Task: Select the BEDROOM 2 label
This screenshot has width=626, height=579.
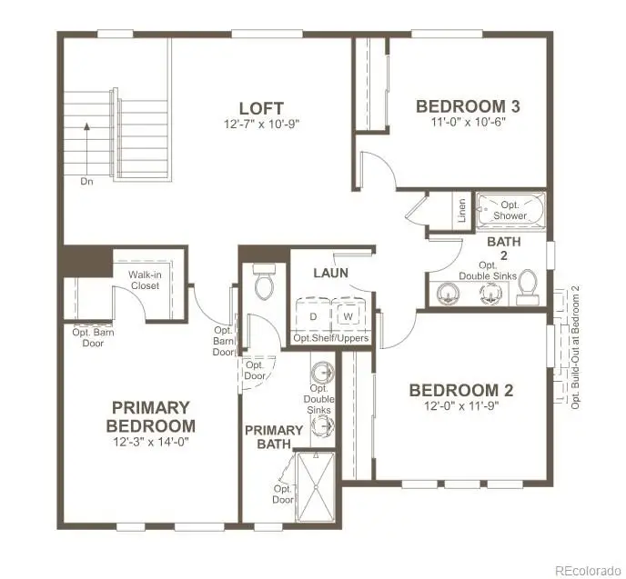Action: [461, 390]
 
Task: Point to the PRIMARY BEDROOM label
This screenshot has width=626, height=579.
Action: [152, 416]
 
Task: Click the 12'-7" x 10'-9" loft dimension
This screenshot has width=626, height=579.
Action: [261, 123]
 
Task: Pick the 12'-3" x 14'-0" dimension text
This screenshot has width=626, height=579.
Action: [152, 441]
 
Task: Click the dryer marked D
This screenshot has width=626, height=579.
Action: [312, 315]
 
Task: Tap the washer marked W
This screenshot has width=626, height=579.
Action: [348, 315]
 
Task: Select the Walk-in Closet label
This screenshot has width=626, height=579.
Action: [144, 279]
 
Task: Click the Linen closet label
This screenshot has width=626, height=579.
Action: [462, 211]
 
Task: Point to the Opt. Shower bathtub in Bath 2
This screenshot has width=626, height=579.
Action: [510, 211]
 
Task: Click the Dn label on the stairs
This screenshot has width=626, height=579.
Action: [87, 181]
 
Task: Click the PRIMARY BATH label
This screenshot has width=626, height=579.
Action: [273, 437]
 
